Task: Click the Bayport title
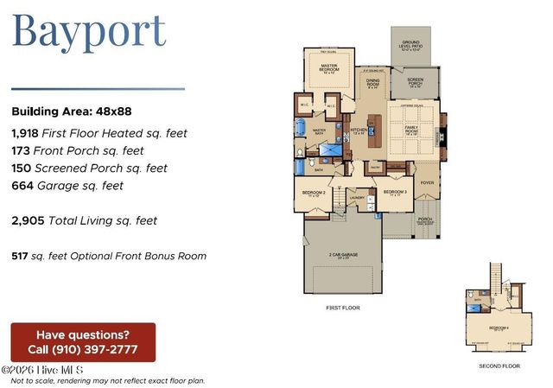coord(88,31)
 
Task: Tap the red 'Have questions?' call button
coord(83,342)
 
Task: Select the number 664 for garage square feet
coord(23,185)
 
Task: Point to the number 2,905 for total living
coord(29,220)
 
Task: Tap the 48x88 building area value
coord(115,111)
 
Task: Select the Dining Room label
coord(372,84)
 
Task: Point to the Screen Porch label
coord(414,85)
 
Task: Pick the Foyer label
coord(427,182)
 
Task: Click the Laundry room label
coord(358,197)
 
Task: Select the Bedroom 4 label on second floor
coord(499,328)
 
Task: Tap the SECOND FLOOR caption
coord(499,366)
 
